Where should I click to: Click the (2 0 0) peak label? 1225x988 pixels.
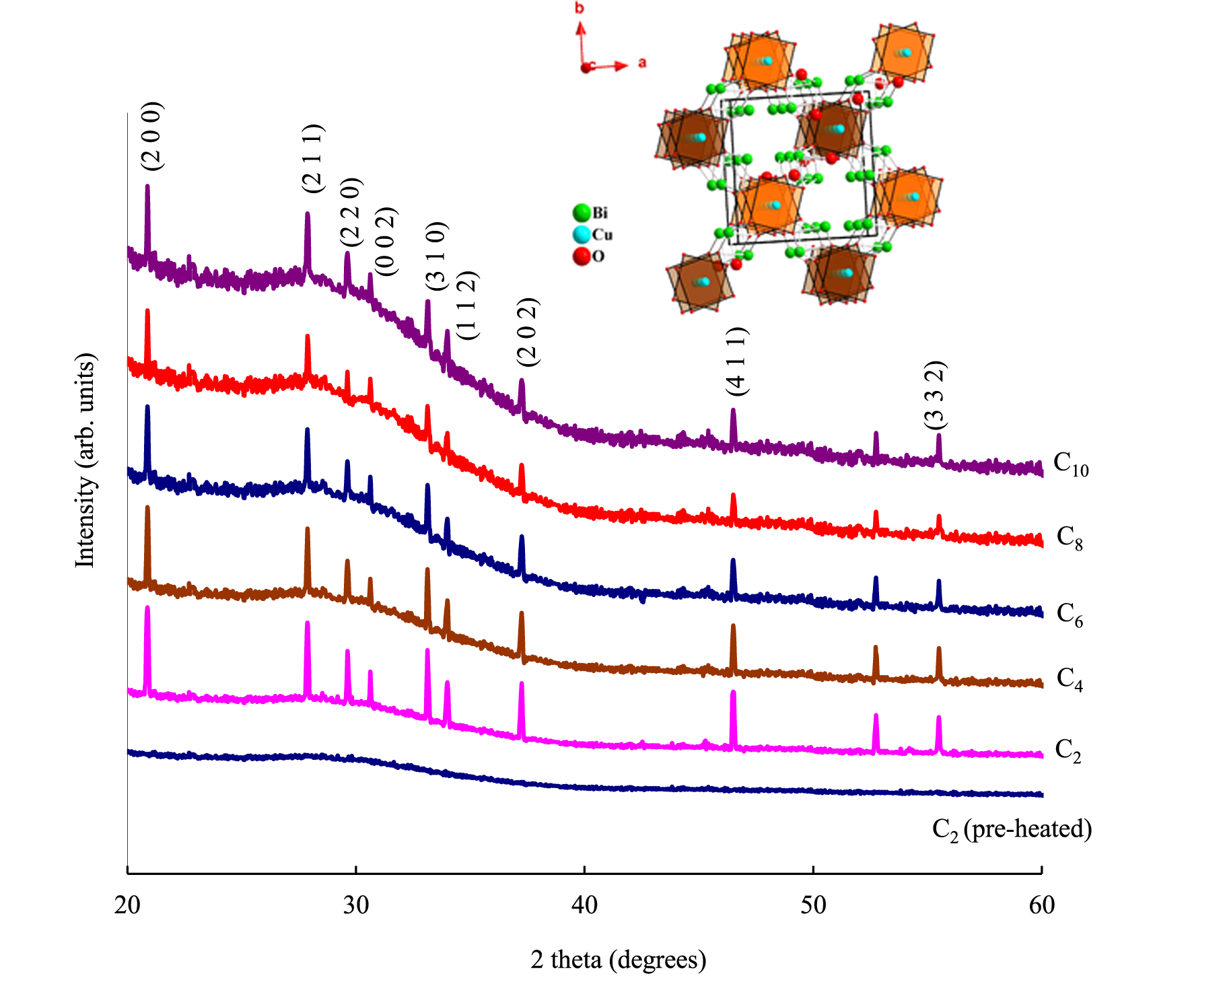pyautogui.click(x=151, y=136)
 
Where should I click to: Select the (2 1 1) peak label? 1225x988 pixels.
pyautogui.click(x=312, y=158)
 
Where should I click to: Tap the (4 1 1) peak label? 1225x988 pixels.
pyautogui.click(x=736, y=361)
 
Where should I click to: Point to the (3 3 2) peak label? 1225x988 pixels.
pyautogui.click(x=936, y=395)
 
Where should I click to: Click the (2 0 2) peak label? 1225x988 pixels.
pyautogui.click(x=528, y=332)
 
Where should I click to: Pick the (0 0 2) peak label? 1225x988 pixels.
pyautogui.click(x=386, y=242)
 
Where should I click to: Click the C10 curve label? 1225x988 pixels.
pyautogui.click(x=1070, y=464)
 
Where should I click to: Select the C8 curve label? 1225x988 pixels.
pyautogui.click(x=1070, y=538)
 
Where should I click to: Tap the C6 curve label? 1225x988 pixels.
pyautogui.click(x=1070, y=614)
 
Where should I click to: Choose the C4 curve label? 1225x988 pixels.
pyautogui.click(x=1070, y=678)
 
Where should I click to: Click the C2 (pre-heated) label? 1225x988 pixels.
pyautogui.click(x=1012, y=829)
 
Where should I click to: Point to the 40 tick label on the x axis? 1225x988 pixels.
pyautogui.click(x=584, y=905)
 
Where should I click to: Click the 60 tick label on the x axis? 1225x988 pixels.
pyautogui.click(x=1041, y=905)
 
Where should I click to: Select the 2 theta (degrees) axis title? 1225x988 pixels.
pyautogui.click(x=618, y=959)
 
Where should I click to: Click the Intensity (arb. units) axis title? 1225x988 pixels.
pyautogui.click(x=85, y=460)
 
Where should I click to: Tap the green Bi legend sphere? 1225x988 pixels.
pyautogui.click(x=582, y=213)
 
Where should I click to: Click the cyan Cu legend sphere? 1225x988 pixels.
pyautogui.click(x=582, y=235)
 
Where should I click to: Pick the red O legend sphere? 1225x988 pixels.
pyautogui.click(x=582, y=256)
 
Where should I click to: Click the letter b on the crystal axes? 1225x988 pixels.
pyautogui.click(x=580, y=9)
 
